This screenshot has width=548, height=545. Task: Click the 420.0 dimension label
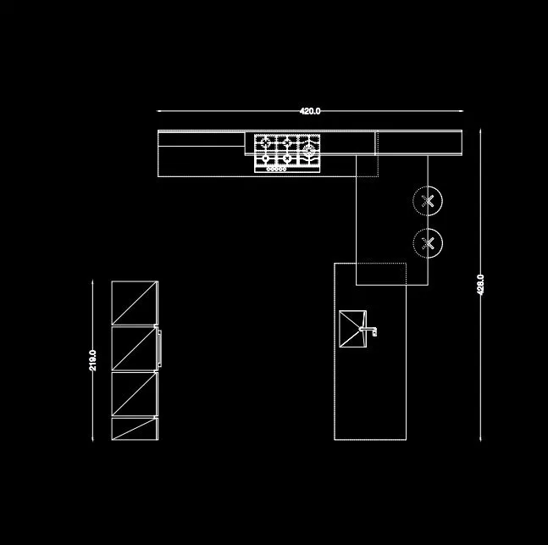tap(310, 111)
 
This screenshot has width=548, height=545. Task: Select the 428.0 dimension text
tap(480, 285)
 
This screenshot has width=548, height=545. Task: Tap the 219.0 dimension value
tap(92, 360)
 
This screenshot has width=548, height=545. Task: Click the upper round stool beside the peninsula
tap(428, 201)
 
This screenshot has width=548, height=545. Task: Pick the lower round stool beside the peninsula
tap(428, 243)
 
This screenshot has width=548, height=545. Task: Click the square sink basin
tap(352, 329)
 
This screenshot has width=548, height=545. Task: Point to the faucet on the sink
tap(368, 331)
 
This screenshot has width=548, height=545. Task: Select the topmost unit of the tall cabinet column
tap(135, 303)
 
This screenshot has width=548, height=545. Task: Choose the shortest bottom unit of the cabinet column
tap(135, 429)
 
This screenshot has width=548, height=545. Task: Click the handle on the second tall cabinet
tap(160, 348)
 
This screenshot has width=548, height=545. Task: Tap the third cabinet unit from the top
tap(135, 394)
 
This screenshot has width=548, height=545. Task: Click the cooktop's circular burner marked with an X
tap(287, 158)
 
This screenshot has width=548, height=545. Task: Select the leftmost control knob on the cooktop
tap(268, 170)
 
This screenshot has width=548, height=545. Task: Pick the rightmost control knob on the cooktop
tap(285, 170)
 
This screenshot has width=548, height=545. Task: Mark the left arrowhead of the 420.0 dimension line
tap(158, 111)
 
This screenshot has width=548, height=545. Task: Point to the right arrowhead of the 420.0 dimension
tap(462, 111)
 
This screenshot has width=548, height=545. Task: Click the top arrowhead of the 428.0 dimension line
tap(480, 131)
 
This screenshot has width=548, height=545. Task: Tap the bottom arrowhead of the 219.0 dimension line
tap(92, 439)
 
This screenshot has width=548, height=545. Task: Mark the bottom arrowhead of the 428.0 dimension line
tap(480, 439)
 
